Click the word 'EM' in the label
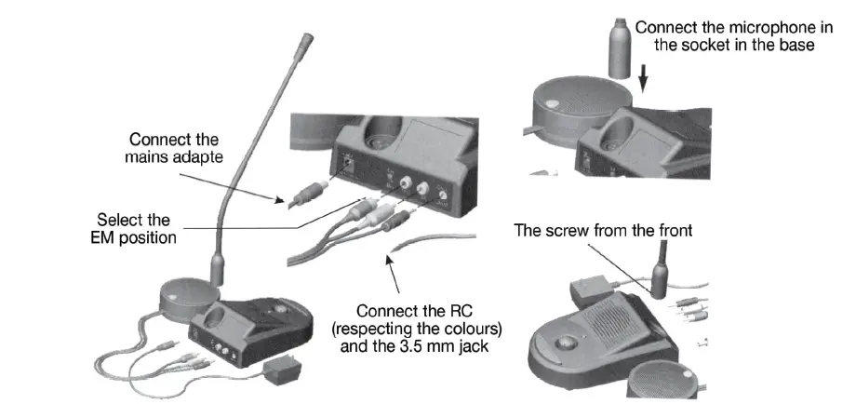(111, 238)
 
